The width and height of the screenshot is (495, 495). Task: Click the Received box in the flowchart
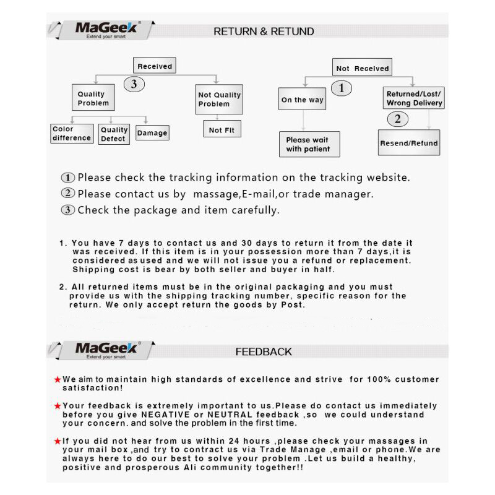(x=154, y=66)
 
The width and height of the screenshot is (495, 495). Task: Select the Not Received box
(x=362, y=69)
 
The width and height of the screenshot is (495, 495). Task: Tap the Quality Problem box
(x=93, y=98)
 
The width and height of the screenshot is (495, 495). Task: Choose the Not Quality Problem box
(x=219, y=99)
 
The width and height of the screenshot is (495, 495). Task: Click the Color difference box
(x=72, y=134)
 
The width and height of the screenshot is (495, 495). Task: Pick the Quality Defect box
(x=114, y=134)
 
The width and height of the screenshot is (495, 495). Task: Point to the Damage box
(x=152, y=133)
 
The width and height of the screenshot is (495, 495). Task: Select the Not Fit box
(x=222, y=130)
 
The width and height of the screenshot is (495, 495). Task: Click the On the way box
(x=302, y=100)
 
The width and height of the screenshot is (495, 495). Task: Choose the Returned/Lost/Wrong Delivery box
(x=414, y=98)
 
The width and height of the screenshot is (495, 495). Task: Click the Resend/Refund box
(x=408, y=144)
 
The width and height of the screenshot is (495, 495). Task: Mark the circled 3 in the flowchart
(x=134, y=85)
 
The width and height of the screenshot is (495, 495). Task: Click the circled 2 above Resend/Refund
(x=397, y=119)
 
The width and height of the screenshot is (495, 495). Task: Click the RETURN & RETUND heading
(x=264, y=32)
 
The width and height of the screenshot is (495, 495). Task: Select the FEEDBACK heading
(x=264, y=351)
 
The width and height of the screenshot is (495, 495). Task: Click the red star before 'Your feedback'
(x=58, y=406)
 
